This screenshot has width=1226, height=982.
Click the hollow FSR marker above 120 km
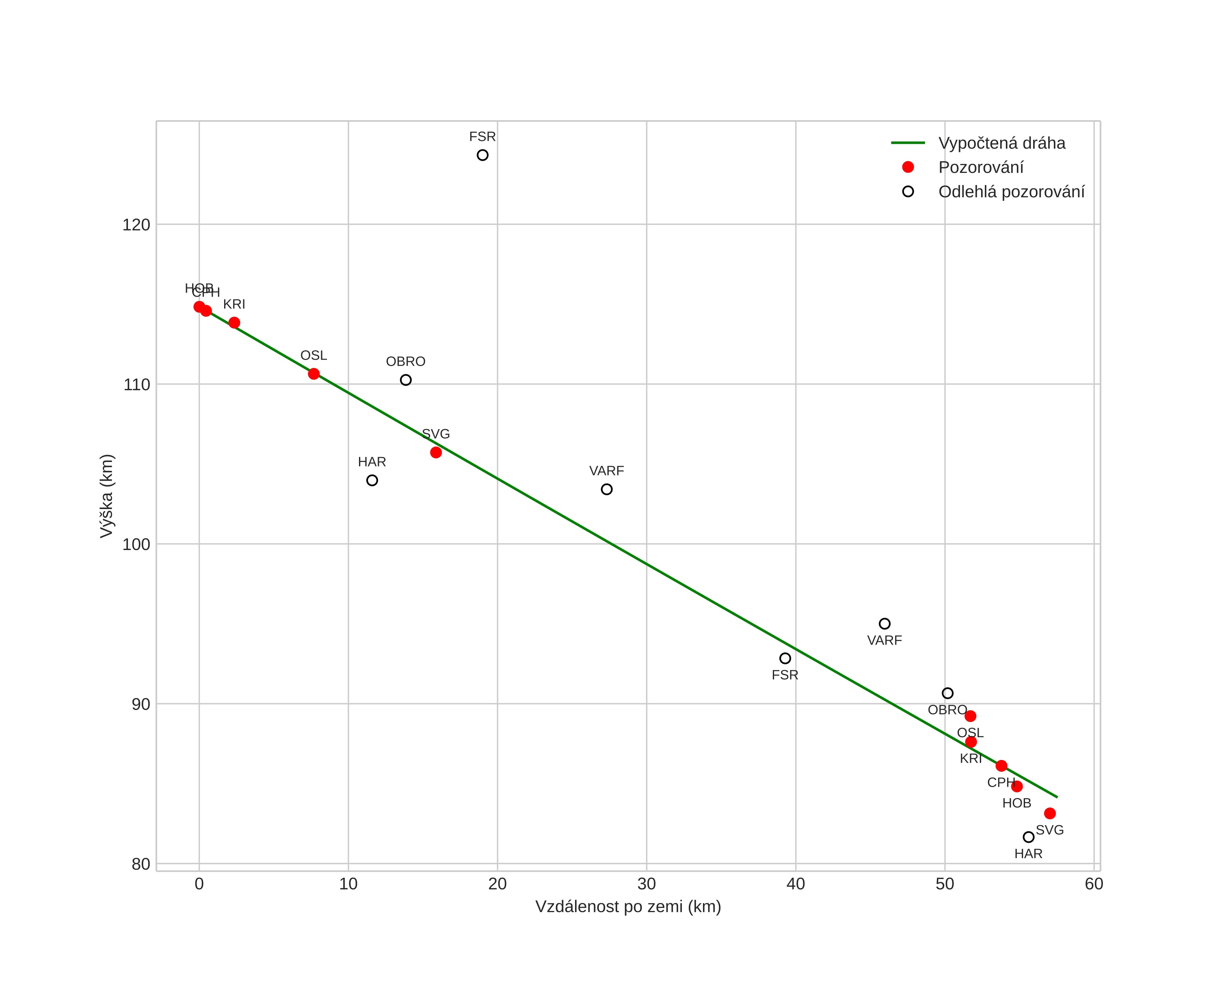point(482,155)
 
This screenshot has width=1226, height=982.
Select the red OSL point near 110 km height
point(314,374)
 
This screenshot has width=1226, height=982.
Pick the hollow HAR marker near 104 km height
point(372,481)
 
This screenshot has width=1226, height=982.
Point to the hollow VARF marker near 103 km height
point(607,489)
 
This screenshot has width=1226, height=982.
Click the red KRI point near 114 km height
point(234,323)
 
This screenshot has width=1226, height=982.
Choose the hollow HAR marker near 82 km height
point(1029,837)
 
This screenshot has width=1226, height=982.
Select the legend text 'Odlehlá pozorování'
point(1011,192)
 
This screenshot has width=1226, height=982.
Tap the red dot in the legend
point(908,167)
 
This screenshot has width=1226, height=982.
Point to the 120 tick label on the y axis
point(136,225)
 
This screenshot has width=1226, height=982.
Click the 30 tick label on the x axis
point(647,884)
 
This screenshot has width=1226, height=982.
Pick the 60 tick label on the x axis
point(1094,884)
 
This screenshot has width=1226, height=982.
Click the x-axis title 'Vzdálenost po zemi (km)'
point(628,907)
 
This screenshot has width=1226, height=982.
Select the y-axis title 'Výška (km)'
point(107,496)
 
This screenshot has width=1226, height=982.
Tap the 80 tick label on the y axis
point(141,864)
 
